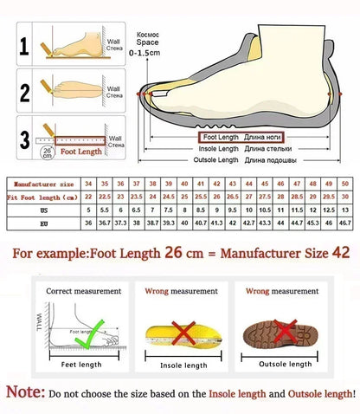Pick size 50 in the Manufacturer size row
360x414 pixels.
pos(344,184)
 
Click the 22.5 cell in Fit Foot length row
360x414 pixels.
pos(103,197)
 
